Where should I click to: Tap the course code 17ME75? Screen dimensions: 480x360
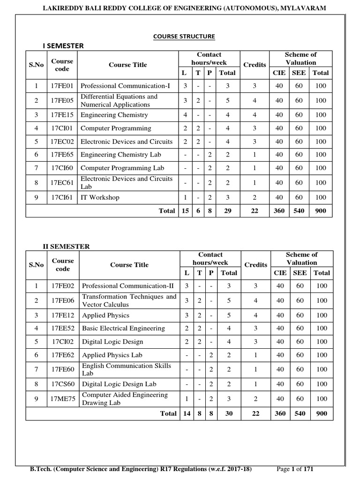(63, 399)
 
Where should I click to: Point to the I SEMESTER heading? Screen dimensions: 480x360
(63, 45)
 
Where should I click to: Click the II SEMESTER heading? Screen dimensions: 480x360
(66, 247)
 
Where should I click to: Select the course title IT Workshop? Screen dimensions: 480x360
(100, 197)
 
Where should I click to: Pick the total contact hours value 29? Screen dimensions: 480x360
(228, 211)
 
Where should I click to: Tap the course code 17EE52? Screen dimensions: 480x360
(63, 329)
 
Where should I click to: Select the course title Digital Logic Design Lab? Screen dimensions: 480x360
(119, 384)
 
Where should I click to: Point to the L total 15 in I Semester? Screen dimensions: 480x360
(185, 211)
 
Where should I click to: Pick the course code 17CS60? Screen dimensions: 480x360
(63, 384)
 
